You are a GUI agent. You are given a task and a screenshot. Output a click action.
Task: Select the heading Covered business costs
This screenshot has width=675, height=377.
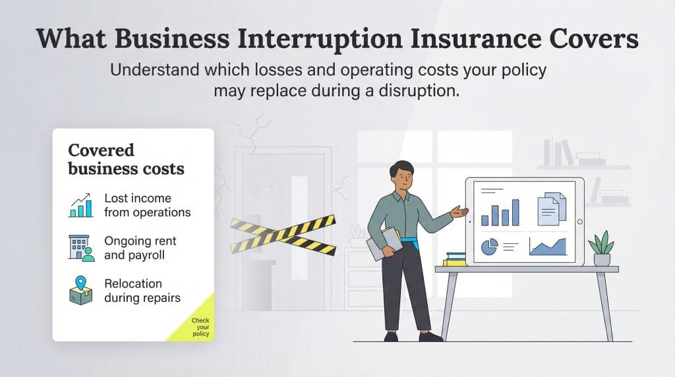coord(126,159)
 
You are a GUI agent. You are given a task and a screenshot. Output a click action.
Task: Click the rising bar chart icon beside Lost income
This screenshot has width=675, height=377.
coord(81,205)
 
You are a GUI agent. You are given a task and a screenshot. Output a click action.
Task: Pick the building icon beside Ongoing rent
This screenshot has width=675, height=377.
coord(81,247)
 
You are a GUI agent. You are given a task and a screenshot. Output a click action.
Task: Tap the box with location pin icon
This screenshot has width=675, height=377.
coord(81,290)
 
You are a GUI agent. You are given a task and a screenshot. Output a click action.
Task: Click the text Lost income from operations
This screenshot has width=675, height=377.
coord(147,205)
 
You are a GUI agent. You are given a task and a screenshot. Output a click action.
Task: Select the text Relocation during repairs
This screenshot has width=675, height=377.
coord(142,291)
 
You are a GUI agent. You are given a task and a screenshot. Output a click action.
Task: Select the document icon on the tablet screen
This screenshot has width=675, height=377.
coord(552,207)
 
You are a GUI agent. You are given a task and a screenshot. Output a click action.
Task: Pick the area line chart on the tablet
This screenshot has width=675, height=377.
coord(548,246)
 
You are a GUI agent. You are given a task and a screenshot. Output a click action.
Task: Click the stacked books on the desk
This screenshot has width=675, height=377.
coord(455,259)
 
